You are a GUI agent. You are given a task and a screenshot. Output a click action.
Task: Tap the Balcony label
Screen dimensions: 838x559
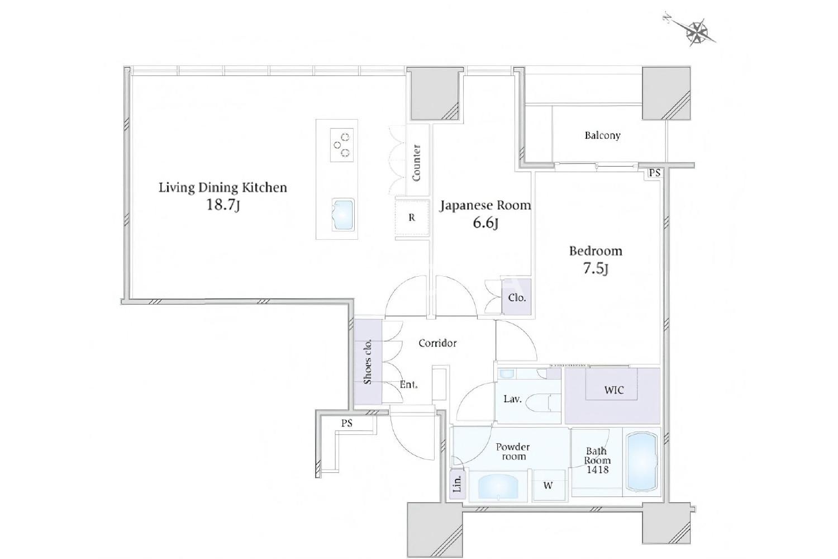[x=602, y=135]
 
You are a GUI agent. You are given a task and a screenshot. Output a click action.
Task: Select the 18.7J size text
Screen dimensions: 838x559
[x=223, y=205]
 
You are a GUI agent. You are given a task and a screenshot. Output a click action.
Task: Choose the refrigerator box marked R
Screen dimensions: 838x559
[x=412, y=217]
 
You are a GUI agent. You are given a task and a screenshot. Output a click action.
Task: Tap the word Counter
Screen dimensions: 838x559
[x=416, y=163]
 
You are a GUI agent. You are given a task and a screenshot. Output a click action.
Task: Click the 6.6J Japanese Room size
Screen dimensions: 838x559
[x=485, y=224]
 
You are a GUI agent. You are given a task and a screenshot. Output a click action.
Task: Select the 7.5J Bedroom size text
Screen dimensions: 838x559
[x=596, y=268]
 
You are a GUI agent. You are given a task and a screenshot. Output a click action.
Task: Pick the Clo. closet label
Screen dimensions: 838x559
[x=517, y=297]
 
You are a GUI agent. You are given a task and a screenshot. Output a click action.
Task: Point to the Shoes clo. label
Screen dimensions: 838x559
[x=368, y=362]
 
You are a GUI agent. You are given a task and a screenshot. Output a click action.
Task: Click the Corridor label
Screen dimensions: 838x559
[x=437, y=343]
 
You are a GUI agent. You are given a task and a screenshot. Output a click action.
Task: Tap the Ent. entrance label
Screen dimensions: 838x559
[x=408, y=385]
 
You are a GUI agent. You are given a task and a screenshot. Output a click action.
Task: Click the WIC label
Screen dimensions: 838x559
[x=614, y=390]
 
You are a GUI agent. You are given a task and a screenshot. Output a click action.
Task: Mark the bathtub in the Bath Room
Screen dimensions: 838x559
[x=641, y=462]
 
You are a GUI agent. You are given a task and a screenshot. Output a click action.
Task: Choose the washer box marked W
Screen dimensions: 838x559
[x=548, y=485]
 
